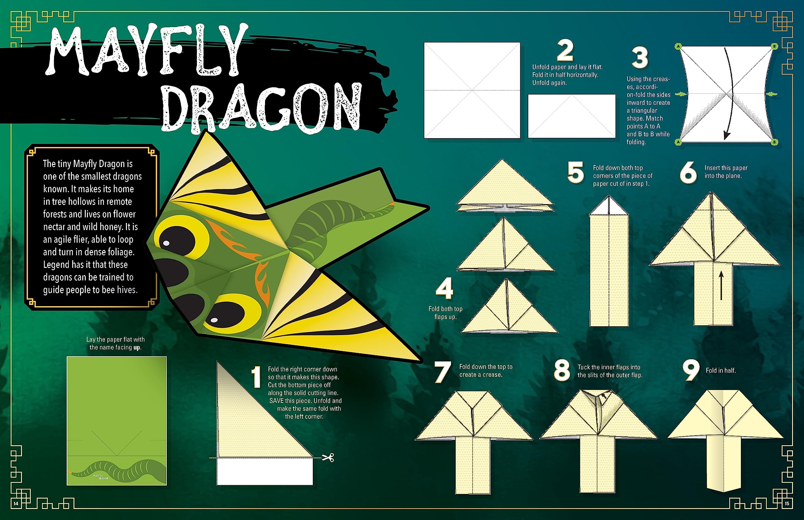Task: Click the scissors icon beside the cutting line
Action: [x=328, y=458]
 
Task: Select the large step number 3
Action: [x=640, y=58]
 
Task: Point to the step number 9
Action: [x=691, y=371]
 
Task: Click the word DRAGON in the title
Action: [x=262, y=107]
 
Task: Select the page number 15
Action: [x=787, y=503]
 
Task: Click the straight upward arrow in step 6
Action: [x=721, y=285]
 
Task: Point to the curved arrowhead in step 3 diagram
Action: [x=727, y=135]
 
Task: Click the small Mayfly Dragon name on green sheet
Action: [x=100, y=477]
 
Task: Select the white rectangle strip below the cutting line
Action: [x=265, y=471]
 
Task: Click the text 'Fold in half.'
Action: [x=720, y=371]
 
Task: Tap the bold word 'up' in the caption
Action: [x=137, y=348]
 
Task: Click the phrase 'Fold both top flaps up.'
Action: [x=445, y=313]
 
